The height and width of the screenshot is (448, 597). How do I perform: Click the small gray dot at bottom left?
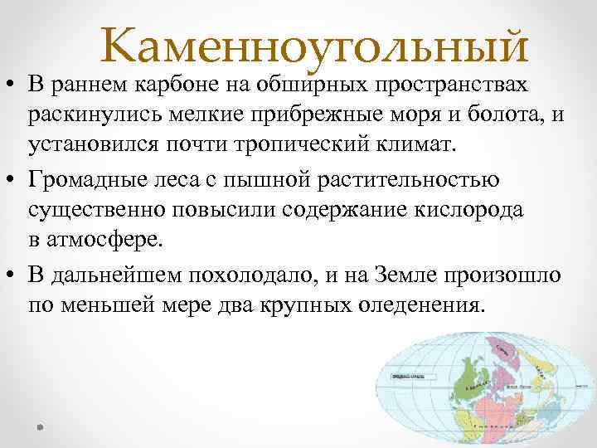click(39, 427)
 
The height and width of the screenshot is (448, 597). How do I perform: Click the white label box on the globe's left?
click(413, 377)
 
